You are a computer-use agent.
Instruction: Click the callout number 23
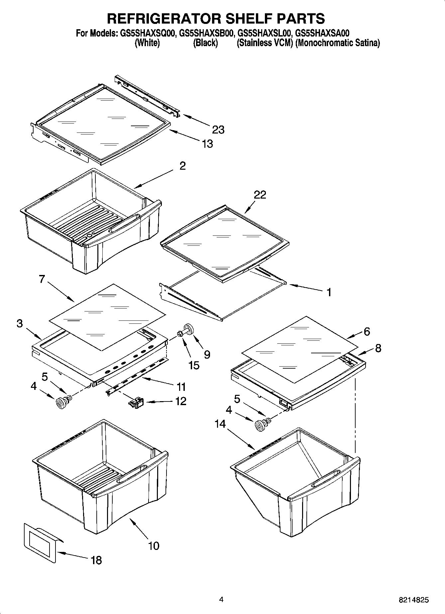[x=218, y=130]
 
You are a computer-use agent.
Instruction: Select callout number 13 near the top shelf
[x=207, y=144]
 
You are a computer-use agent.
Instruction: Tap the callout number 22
[x=260, y=195]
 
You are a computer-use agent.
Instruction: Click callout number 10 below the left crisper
[x=154, y=546]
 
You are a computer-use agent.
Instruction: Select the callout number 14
[x=220, y=424]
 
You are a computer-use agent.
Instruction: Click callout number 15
[x=193, y=365]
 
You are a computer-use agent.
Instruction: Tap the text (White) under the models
[x=147, y=43]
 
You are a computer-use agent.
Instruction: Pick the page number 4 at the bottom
[x=221, y=599]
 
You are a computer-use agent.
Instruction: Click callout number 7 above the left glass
[x=42, y=279]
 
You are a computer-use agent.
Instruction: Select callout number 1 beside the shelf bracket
[x=328, y=292]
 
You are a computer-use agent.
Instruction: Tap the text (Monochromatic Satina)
[x=337, y=43]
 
